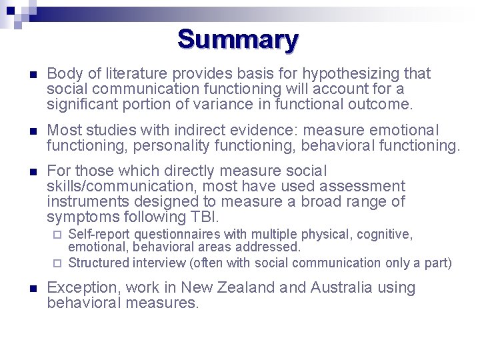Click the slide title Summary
click(x=238, y=39)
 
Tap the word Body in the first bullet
click(x=62, y=73)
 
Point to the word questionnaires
click(x=185, y=235)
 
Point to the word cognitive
click(x=385, y=235)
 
